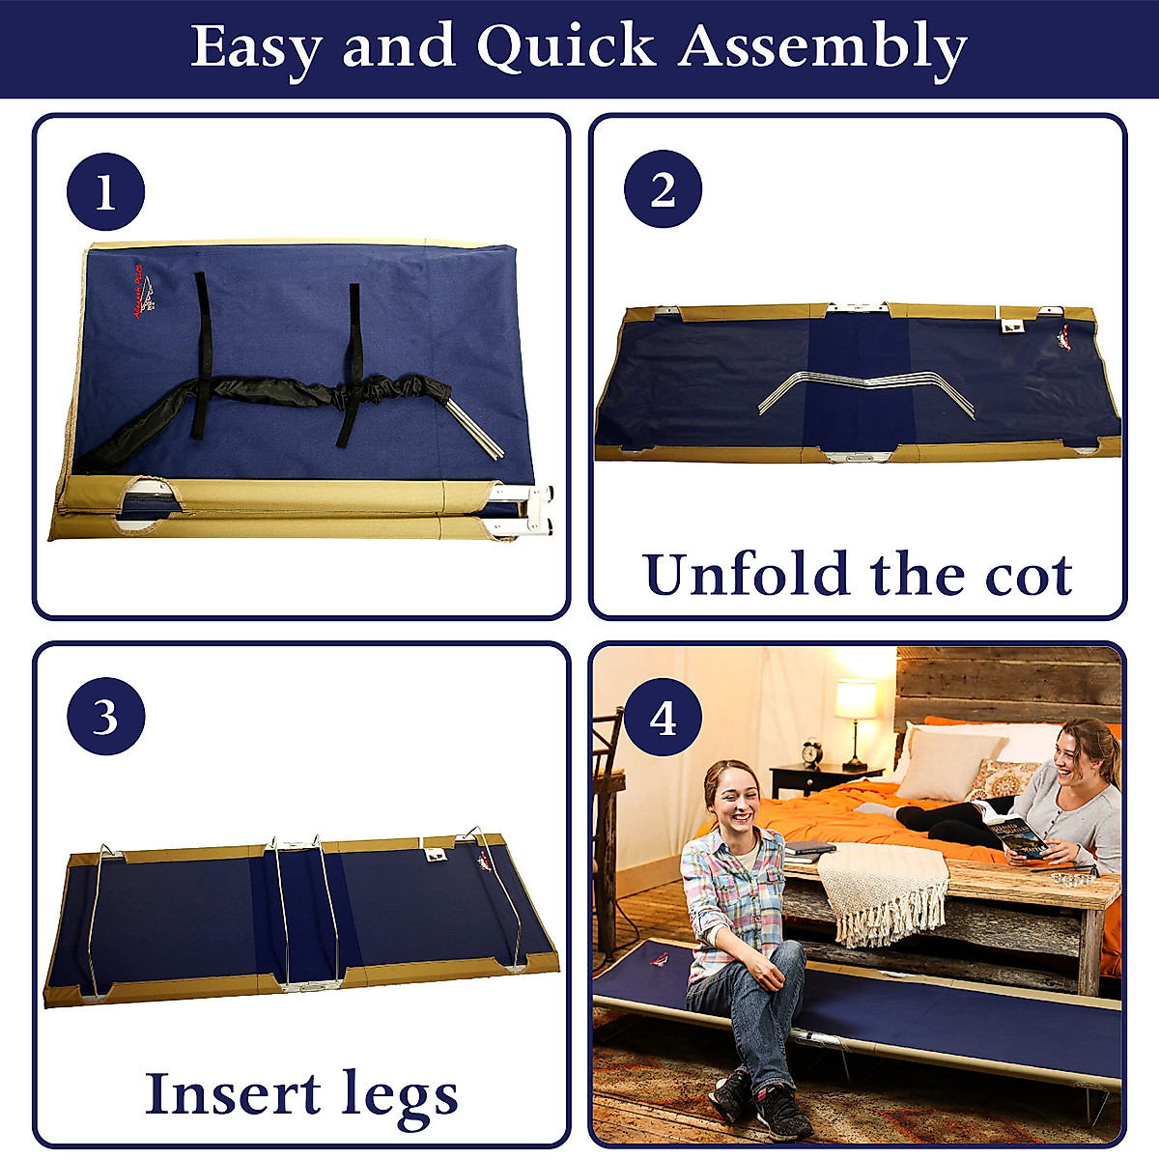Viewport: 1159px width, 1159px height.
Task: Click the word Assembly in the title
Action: pyautogui.click(x=822, y=48)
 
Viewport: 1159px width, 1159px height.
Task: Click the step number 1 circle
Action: pyautogui.click(x=105, y=191)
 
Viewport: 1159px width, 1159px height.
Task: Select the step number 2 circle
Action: pyautogui.click(x=663, y=189)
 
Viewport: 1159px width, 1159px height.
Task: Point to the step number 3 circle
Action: pyautogui.click(x=105, y=719)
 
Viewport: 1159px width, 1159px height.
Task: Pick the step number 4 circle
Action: pyautogui.click(x=663, y=719)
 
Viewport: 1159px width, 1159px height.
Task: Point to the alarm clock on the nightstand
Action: pyautogui.click(x=812, y=753)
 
